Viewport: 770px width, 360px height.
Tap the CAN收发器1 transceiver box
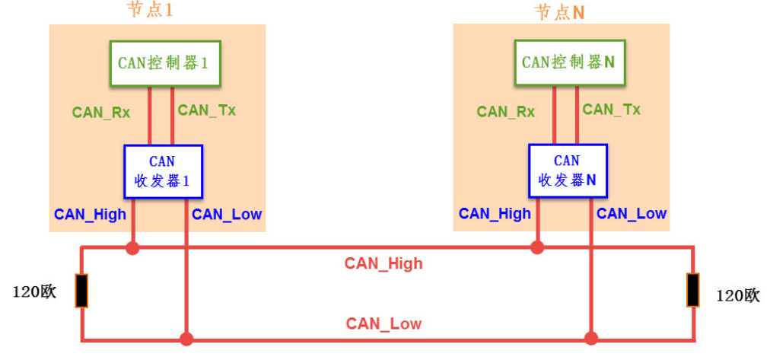click(163, 171)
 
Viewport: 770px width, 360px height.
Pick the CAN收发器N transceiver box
click(568, 171)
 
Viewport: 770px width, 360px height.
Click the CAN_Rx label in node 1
click(101, 113)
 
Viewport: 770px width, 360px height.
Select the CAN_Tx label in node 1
click(207, 110)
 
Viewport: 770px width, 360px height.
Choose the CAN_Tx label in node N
click(612, 110)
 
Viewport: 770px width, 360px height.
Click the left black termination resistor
click(81, 291)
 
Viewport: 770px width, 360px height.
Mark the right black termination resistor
click(692, 290)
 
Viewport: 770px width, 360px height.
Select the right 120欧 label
click(738, 295)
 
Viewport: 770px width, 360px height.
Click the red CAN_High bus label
click(383, 264)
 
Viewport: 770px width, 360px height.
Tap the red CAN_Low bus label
click(383, 324)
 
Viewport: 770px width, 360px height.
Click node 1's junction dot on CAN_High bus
click(132, 247)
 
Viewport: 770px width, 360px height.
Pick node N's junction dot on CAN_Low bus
click(590, 338)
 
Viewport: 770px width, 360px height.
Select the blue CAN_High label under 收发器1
click(90, 215)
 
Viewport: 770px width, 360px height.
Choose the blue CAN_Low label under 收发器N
click(632, 214)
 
